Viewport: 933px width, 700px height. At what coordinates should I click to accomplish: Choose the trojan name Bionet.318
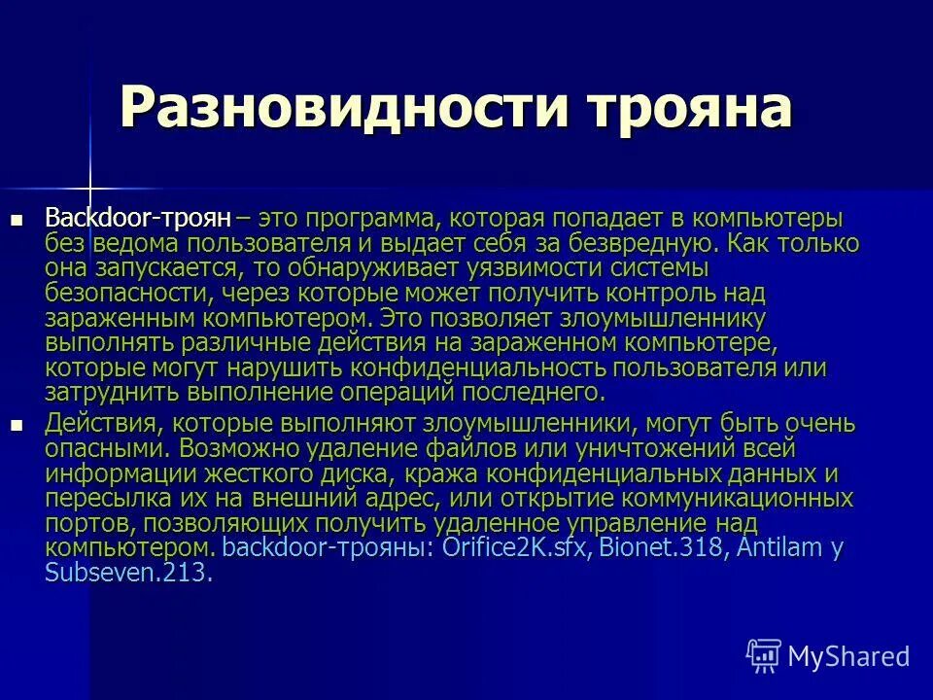click(660, 546)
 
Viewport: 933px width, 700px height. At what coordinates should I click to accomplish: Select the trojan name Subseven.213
click(127, 572)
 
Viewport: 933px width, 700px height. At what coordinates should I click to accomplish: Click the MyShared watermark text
click(847, 656)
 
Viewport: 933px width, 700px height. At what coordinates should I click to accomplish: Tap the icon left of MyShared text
click(764, 654)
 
